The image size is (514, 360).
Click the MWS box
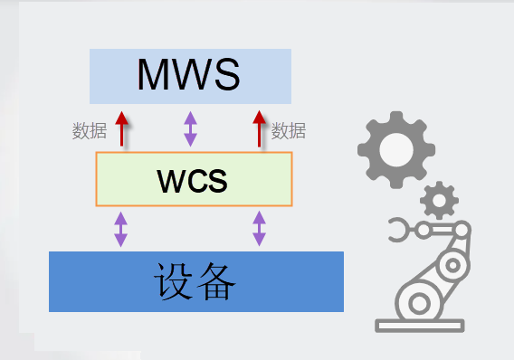tap(190, 76)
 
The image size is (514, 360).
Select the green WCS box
tap(194, 179)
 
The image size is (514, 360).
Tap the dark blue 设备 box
tap(196, 281)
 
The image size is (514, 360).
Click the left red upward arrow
tap(121, 128)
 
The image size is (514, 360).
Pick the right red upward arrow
tap(260, 128)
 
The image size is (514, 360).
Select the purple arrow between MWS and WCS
tap(190, 128)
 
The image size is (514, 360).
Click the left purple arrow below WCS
tap(120, 229)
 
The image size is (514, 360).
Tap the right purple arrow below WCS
tap(260, 229)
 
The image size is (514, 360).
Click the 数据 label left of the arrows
tap(90, 130)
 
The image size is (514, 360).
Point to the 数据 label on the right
tap(289, 130)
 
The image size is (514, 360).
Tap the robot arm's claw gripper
tap(398, 230)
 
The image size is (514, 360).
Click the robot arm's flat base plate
tap(420, 326)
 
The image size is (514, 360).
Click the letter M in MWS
tap(154, 74)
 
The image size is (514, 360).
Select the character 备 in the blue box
tap(215, 281)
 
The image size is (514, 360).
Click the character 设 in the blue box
tap(173, 281)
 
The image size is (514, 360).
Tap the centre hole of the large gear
tap(396, 150)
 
